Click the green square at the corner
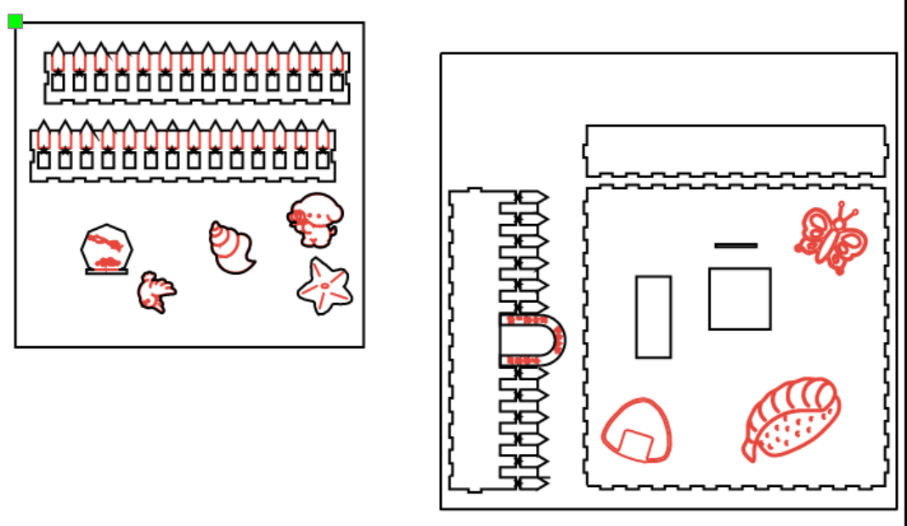(x=15, y=21)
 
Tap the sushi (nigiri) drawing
(x=792, y=419)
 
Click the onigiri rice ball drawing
(x=637, y=431)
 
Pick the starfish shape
(x=324, y=286)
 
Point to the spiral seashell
(x=230, y=248)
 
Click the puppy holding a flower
(x=314, y=219)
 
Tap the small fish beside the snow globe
(x=156, y=292)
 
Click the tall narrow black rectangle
(x=653, y=316)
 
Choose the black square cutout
(x=740, y=299)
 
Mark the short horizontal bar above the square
(x=735, y=245)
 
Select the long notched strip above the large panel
(x=735, y=151)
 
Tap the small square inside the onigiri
(x=637, y=444)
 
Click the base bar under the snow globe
(x=107, y=271)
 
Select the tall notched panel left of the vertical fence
(x=474, y=340)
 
